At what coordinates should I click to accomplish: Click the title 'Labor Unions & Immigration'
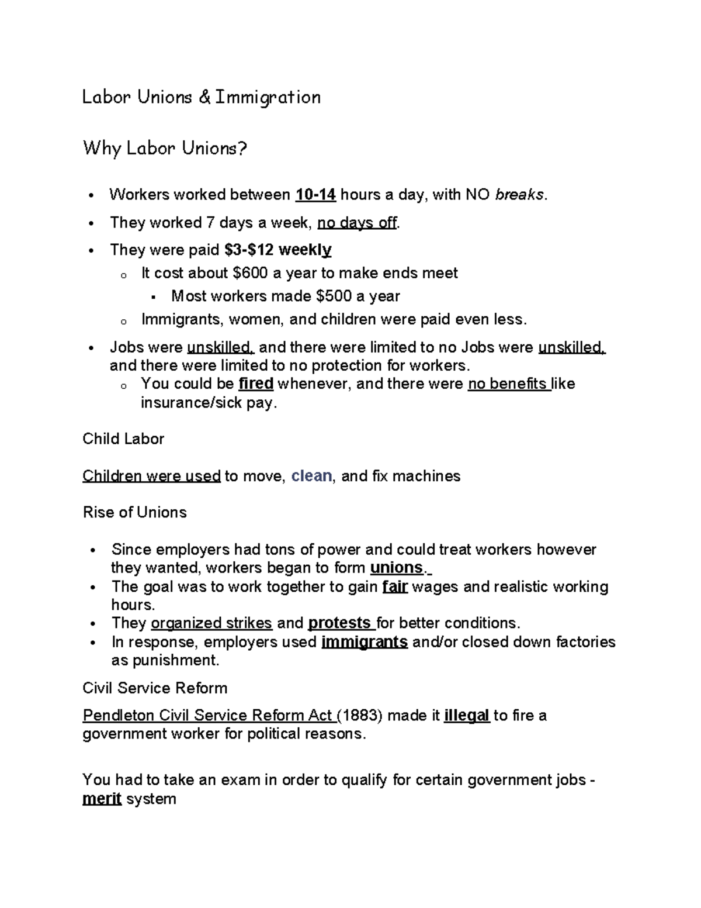point(201,97)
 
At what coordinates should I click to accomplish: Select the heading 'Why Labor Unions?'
point(165,149)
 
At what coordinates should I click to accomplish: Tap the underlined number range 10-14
point(315,195)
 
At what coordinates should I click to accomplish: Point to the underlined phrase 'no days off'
point(357,223)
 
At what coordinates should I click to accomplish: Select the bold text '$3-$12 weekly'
point(278,250)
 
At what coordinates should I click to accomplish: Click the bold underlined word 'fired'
point(256,384)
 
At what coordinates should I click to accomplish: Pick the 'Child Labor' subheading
point(123,439)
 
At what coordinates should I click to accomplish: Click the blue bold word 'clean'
point(311,476)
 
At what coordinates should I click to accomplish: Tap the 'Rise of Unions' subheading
point(134,513)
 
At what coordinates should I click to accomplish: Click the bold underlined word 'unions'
point(397,568)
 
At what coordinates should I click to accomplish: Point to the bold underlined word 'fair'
point(394,586)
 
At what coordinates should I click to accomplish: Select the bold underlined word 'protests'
point(339,623)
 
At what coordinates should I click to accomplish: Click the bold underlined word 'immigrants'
point(365,642)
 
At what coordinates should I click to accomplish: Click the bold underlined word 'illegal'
point(466,716)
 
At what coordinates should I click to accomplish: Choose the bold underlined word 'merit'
point(102,799)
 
